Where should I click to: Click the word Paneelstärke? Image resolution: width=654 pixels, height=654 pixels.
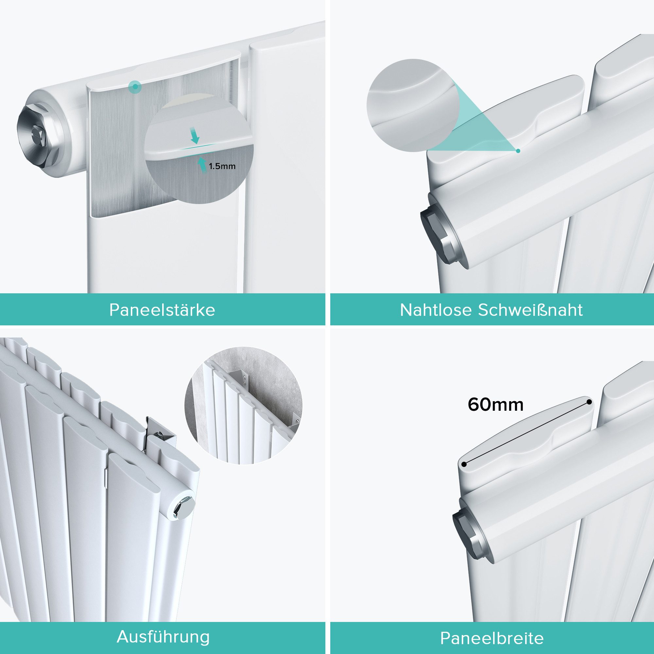pos(162,310)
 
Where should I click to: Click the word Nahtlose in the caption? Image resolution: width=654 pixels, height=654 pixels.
pos(436,310)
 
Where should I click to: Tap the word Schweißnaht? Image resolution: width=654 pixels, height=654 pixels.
pos(530,310)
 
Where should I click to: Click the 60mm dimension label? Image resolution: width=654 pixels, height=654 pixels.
pos(496,404)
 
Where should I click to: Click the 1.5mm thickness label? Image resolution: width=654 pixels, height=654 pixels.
pos(222,166)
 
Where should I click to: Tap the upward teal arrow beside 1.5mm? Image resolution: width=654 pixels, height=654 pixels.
pos(202,164)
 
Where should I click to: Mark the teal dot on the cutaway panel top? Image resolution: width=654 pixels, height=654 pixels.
pos(135,87)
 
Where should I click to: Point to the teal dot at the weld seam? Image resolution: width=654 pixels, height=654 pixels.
pos(518,151)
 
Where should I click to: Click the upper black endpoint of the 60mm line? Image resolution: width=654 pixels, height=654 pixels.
pos(589,402)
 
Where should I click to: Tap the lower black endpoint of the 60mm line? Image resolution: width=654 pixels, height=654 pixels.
pos(464,464)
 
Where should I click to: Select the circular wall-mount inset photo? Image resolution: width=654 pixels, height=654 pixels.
pos(243,405)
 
